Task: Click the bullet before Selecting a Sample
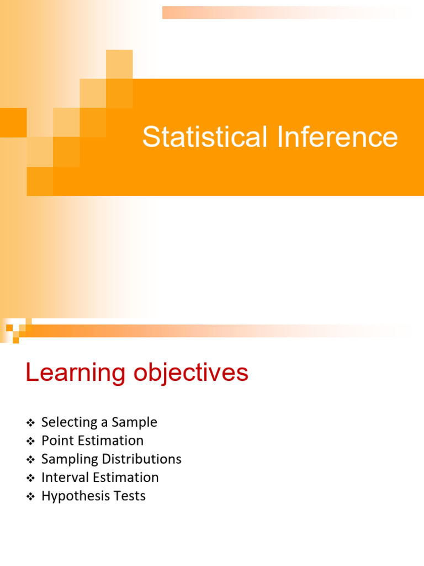30,423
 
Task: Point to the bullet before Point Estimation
30,441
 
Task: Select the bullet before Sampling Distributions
30,460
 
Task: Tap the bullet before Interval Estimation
30,478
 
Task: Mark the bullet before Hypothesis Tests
30,496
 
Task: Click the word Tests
130,496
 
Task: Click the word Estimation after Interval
125,477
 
